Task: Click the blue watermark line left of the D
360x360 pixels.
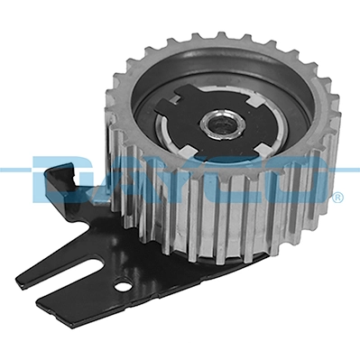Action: (14, 169)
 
